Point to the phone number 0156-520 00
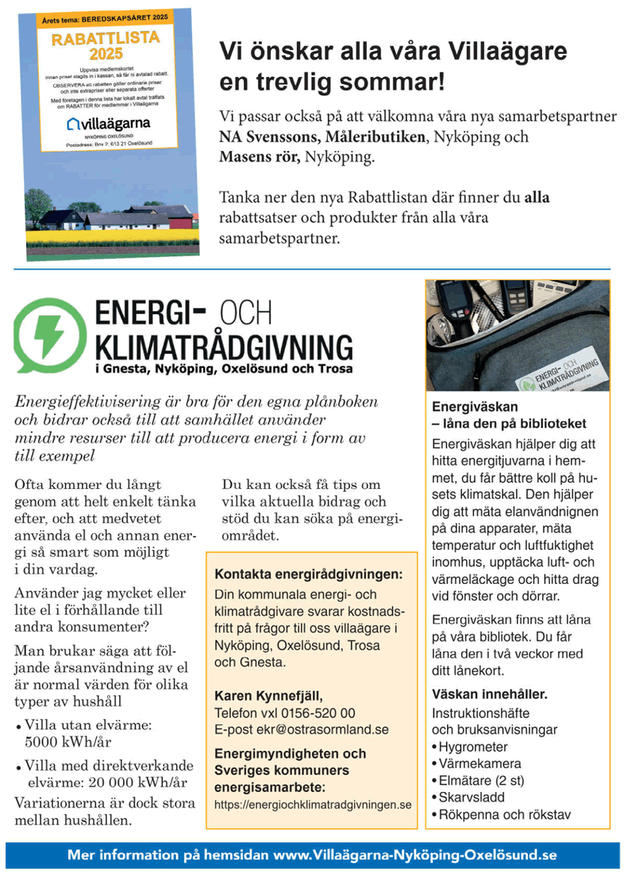[x=317, y=713]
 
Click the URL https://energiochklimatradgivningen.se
[x=313, y=805]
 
